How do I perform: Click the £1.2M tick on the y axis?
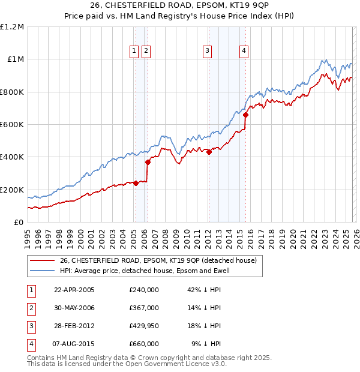12,27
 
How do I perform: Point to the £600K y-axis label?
12,125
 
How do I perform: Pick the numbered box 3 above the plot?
207,52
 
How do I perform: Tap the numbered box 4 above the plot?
244,52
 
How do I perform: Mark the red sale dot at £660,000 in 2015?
245,115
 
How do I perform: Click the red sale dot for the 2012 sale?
209,152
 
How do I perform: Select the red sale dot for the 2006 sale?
148,162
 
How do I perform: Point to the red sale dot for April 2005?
136,183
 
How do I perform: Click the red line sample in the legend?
42,260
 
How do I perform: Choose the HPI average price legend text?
144,271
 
